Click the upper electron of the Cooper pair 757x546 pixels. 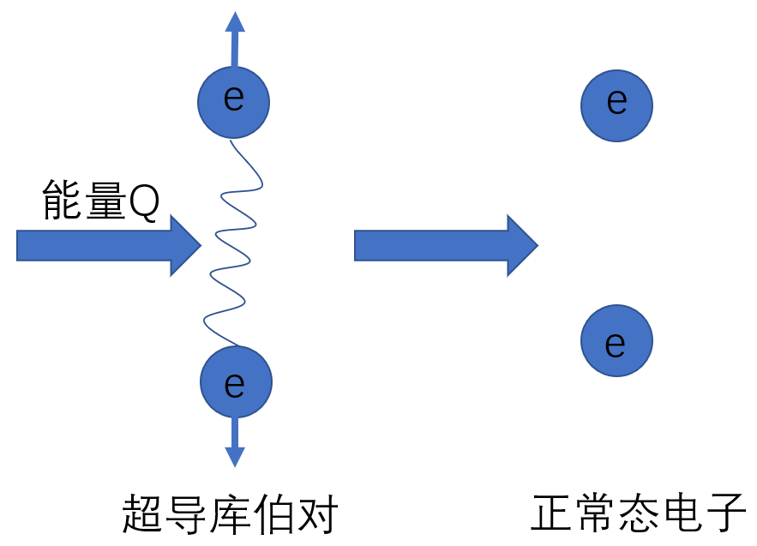pyautogui.click(x=233, y=102)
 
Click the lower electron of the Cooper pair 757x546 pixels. pyautogui.click(x=236, y=382)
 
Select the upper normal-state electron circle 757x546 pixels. pyautogui.click(x=616, y=105)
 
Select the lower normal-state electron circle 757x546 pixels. pyautogui.click(x=616, y=340)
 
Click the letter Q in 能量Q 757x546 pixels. pyautogui.click(x=143, y=202)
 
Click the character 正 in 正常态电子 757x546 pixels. pyautogui.click(x=552, y=515)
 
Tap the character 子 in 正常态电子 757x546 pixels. pyautogui.click(x=726, y=515)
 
